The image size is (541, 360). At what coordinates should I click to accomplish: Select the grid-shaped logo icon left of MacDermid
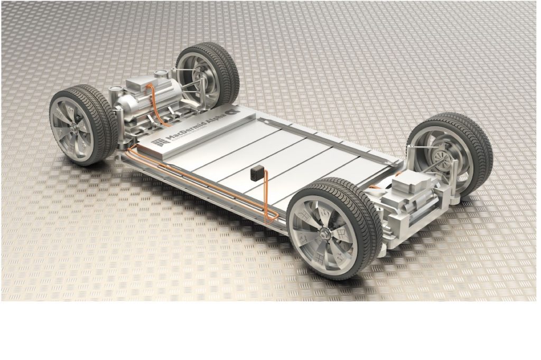157,143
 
